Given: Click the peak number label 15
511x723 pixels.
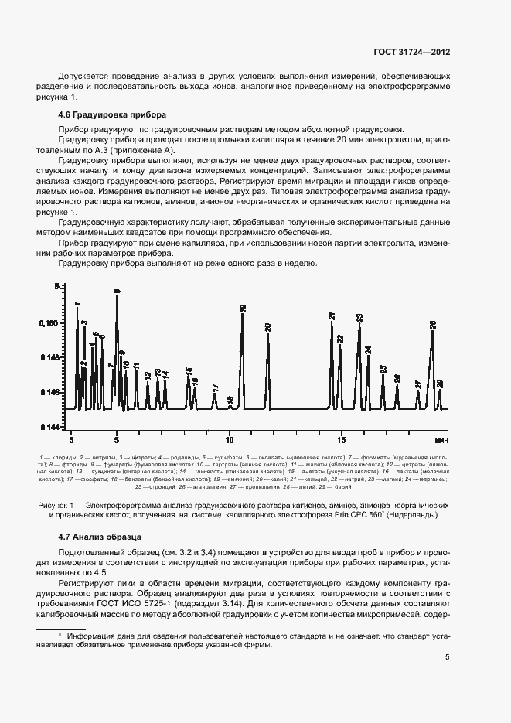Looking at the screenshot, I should click(189, 372).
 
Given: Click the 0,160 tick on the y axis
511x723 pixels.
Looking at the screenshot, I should click(48, 323).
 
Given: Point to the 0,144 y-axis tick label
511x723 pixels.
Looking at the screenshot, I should click(48, 426).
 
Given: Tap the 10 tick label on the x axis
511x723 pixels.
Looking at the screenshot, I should click(230, 438).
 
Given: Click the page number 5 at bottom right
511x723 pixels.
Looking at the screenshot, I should click(448, 657).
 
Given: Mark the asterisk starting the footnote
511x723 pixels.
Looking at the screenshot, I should click(59, 636).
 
